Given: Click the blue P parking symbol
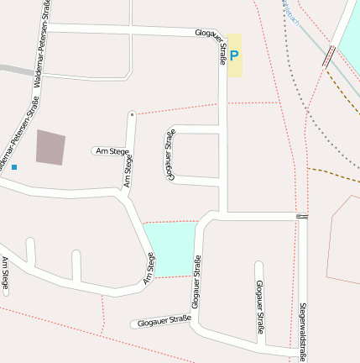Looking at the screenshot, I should (x=234, y=55).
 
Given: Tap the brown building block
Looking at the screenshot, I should (x=50, y=146).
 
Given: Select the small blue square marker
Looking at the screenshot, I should (x=14, y=167).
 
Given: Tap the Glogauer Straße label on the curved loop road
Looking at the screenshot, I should (x=170, y=155).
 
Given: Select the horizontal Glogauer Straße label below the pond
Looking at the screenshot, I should (x=163, y=321).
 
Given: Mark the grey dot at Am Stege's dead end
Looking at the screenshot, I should (x=132, y=113).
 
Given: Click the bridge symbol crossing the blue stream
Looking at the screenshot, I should (x=329, y=56).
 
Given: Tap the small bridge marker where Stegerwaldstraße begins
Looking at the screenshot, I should (x=301, y=216).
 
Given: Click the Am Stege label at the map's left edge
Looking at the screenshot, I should (x=5, y=276).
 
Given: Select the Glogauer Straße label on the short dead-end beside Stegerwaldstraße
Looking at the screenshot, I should (x=259, y=307).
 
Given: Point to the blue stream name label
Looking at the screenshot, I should (x=290, y=12).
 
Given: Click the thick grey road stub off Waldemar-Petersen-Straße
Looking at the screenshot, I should (x=13, y=69).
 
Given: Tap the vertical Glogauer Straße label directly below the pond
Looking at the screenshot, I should (x=197, y=286).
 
